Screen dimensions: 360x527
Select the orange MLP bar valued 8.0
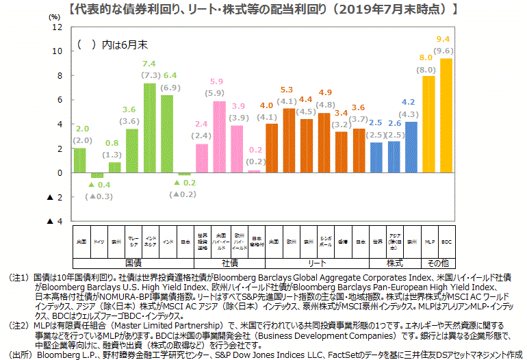[x=429, y=124]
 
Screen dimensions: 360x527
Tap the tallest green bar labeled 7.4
[x=150, y=127]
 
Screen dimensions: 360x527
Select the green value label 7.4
[x=149, y=64]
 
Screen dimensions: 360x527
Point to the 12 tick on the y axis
[x=57, y=27]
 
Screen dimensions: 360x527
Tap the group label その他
[x=438, y=262]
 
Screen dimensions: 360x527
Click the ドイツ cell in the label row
[x=98, y=242]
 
